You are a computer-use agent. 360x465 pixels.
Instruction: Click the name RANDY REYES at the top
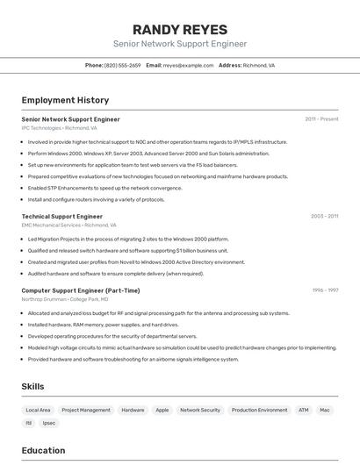(179, 30)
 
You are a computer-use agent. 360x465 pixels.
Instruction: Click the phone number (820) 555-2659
(122, 65)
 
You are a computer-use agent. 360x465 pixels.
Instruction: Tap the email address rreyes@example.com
(188, 65)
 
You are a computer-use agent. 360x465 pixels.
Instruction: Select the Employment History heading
(65, 100)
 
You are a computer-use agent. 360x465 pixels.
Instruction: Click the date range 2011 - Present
(321, 119)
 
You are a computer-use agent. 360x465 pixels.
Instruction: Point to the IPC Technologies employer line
(59, 128)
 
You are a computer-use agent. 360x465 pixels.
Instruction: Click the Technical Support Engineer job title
(61, 216)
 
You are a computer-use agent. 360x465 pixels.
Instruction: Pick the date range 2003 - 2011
(324, 216)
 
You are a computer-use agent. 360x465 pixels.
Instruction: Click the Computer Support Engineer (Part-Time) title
(80, 290)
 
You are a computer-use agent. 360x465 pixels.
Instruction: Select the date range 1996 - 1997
(325, 290)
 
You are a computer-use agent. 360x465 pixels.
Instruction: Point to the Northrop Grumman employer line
(71, 299)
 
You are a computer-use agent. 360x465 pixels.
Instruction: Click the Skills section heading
(32, 386)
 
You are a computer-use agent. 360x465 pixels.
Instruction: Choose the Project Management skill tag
(86, 410)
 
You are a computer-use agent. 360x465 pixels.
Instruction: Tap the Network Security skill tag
(199, 410)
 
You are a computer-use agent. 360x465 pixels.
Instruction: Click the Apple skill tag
(162, 410)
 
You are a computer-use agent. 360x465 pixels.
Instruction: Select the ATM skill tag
(303, 410)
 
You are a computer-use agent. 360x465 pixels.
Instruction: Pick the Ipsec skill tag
(49, 423)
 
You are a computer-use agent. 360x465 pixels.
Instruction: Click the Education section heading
(43, 450)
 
